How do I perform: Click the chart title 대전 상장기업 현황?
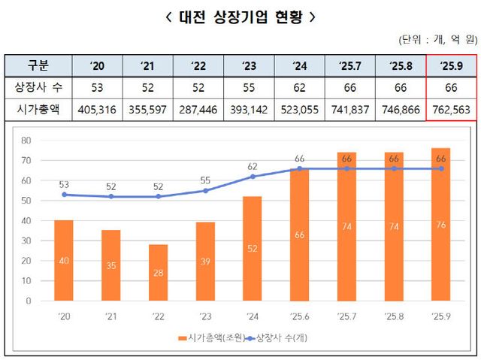coord(240,16)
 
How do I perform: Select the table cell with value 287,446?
coord(198,110)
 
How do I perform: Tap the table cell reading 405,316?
coord(97,110)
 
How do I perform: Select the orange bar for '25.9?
coord(441,224)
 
